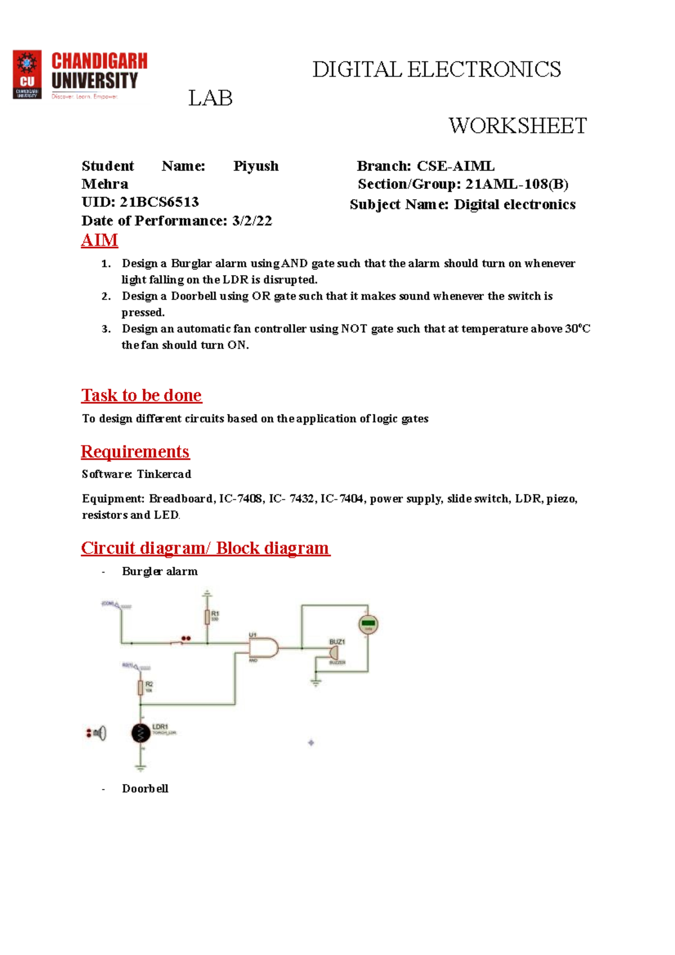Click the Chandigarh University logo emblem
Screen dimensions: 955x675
click(27, 75)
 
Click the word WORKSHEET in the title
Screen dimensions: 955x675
click(517, 126)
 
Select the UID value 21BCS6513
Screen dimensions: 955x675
click(159, 202)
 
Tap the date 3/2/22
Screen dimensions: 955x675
click(252, 220)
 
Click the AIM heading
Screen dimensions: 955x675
click(100, 240)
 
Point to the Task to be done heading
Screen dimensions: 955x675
click(141, 395)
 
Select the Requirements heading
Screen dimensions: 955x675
click(135, 452)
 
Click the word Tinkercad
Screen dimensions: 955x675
click(164, 474)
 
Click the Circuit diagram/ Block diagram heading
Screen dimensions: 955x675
click(205, 548)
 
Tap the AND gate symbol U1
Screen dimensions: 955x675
click(264, 647)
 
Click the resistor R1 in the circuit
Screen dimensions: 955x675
click(207, 617)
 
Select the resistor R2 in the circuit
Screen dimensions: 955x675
click(141, 687)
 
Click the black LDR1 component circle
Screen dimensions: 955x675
click(141, 733)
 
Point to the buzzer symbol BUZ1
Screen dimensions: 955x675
click(334, 652)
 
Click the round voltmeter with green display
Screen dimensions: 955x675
click(368, 624)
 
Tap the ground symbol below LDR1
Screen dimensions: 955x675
click(141, 767)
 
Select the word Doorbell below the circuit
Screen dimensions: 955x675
click(145, 789)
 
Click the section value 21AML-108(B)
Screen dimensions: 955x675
click(516, 184)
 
